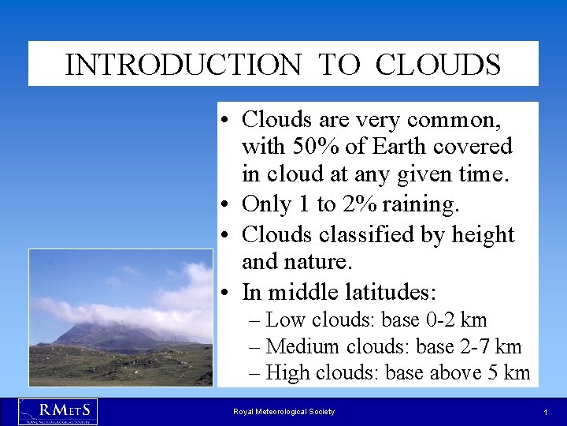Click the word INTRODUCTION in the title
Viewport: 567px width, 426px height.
click(183, 65)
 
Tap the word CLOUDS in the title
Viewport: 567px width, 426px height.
click(438, 65)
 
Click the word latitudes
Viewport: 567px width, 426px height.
click(391, 292)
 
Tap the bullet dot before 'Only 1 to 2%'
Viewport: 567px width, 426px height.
click(225, 206)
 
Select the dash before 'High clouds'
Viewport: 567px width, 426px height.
click(254, 372)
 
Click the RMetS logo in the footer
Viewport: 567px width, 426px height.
click(57, 411)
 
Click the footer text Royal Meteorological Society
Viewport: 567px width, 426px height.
click(283, 412)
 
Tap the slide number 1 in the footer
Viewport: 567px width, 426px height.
click(545, 413)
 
